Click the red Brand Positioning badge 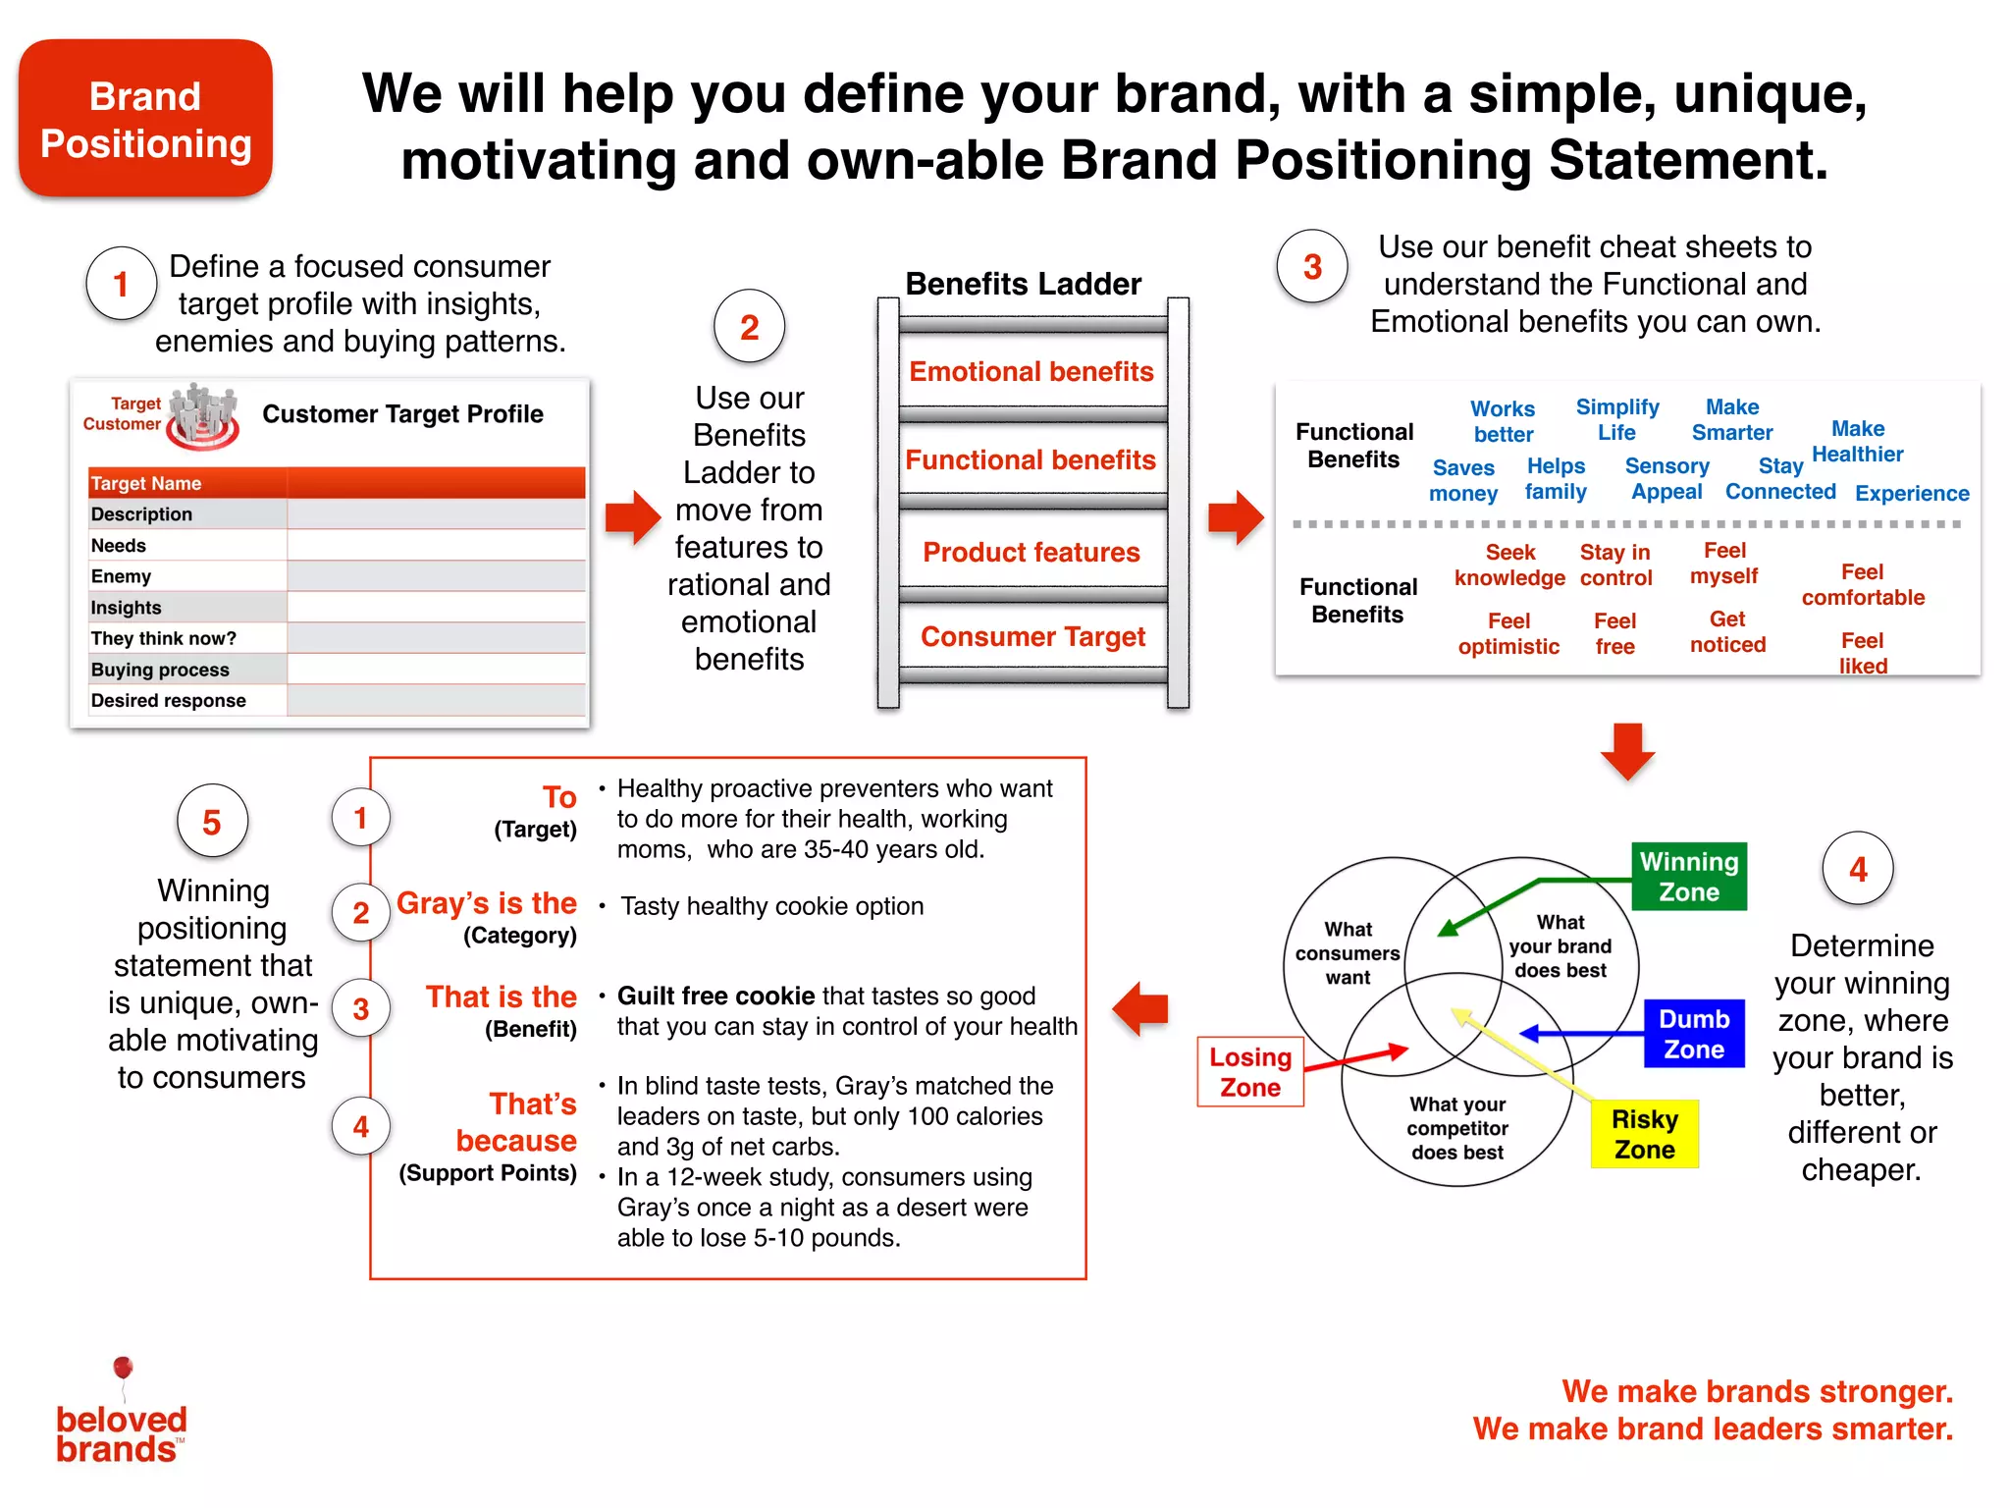[x=145, y=119]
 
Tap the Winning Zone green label [x=1688, y=877]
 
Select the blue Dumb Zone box [x=1694, y=1034]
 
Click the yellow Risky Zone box [x=1644, y=1134]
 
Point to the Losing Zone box [x=1249, y=1072]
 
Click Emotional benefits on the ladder [x=1031, y=371]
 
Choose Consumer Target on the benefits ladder [x=1032, y=636]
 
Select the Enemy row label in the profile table [x=122, y=576]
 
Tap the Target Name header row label [x=146, y=483]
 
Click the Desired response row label [x=169, y=700]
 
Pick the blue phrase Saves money [x=1462, y=480]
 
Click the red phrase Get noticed [x=1727, y=631]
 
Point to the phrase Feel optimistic [x=1508, y=633]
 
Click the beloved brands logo [x=121, y=1433]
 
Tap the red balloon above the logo [x=123, y=1367]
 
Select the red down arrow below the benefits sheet [x=1627, y=751]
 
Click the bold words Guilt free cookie [x=715, y=996]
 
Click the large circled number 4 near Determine [x=1857, y=869]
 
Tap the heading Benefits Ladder [x=1023, y=284]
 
